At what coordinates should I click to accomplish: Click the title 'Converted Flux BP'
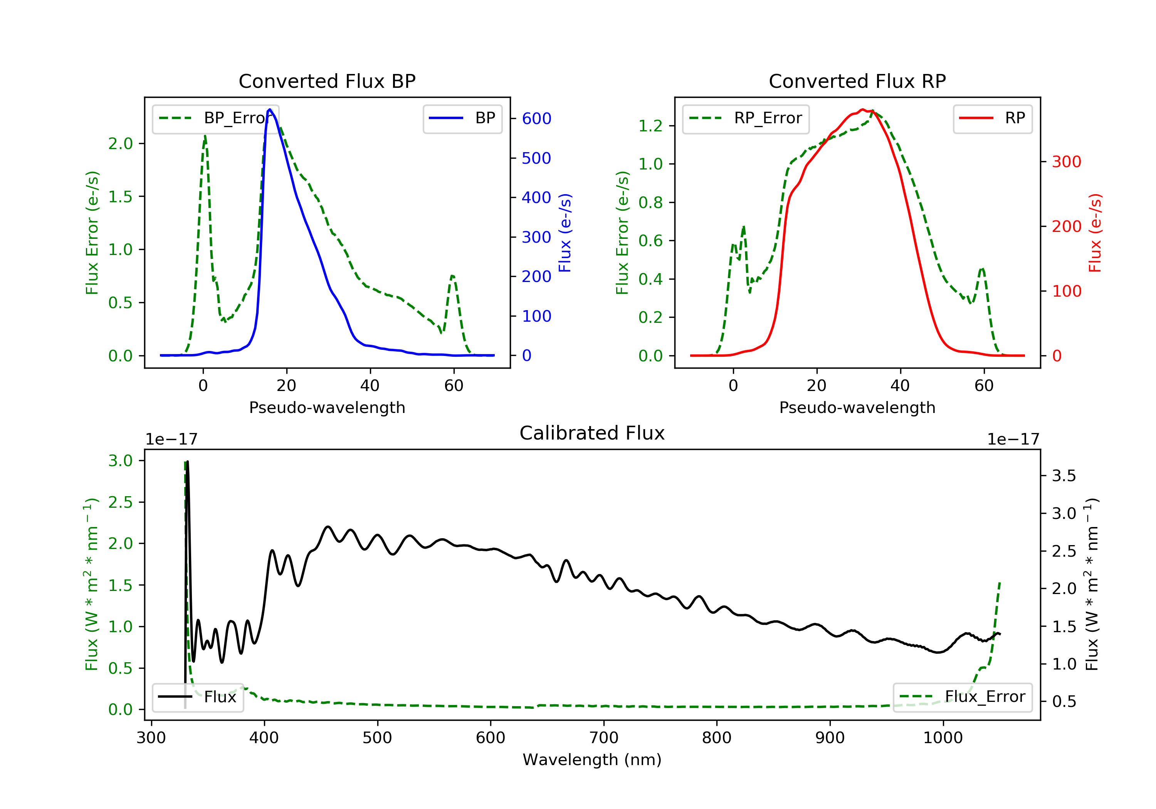327,81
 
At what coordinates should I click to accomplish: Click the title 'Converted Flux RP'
857,81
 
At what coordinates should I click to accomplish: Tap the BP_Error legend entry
215,118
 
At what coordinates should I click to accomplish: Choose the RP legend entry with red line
992,118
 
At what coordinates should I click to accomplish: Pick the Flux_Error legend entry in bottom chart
962,697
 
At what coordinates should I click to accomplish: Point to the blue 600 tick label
536,118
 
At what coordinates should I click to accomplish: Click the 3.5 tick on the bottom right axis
1064,476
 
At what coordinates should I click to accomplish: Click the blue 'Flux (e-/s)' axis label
565,233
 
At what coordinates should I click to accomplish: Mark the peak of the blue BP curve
270,109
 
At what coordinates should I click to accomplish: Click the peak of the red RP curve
862,109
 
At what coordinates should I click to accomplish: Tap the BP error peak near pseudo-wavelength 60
453,276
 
